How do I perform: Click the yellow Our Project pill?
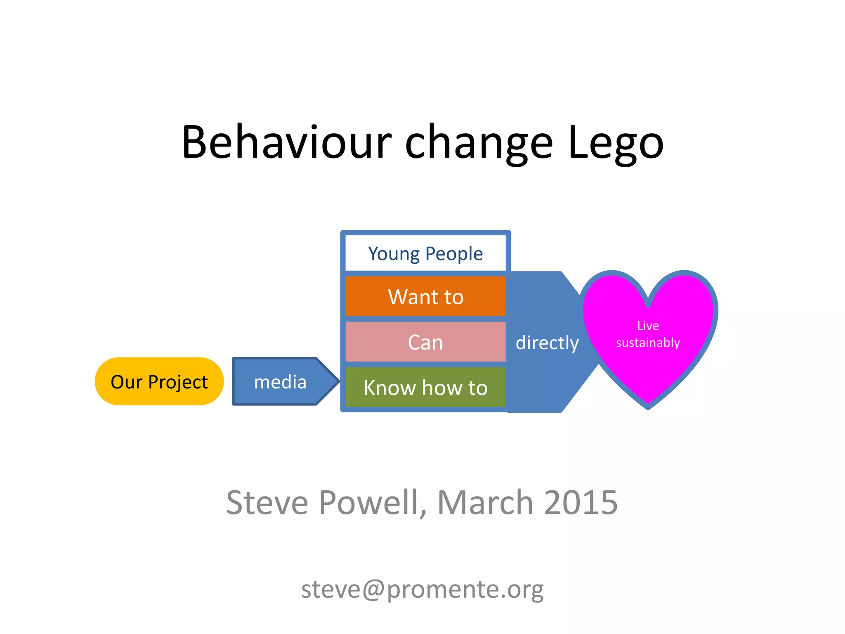click(159, 381)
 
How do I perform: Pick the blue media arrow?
click(281, 381)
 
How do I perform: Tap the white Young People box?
click(425, 253)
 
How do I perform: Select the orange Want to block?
click(425, 296)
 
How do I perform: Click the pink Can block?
click(425, 342)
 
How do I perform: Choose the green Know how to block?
click(425, 387)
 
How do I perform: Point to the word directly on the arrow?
click(547, 342)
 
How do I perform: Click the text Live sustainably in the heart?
click(648, 334)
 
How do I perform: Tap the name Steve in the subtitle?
click(267, 502)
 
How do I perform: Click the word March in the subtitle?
click(486, 502)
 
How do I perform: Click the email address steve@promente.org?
click(422, 589)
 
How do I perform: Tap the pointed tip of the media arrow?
click(338, 381)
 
